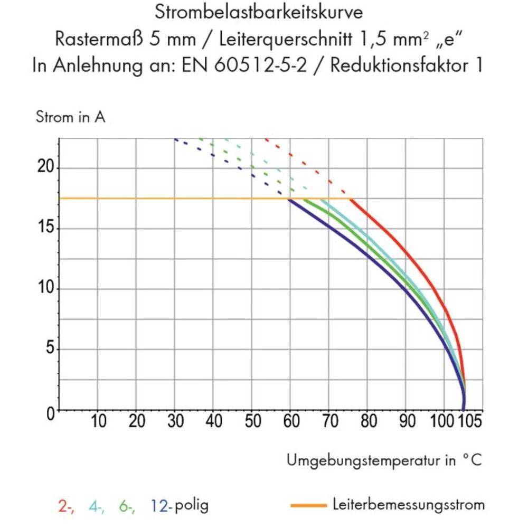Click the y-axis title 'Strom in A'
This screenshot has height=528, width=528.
(x=70, y=117)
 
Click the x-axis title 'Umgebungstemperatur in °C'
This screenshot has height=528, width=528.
(x=384, y=460)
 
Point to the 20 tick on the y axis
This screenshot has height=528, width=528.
(x=46, y=167)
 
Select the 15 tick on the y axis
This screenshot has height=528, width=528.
(x=46, y=228)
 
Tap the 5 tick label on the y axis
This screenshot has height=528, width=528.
(x=50, y=350)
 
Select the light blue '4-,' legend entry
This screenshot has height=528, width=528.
(x=97, y=505)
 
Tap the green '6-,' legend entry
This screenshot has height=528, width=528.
(x=127, y=505)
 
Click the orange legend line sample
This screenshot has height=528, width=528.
(x=308, y=505)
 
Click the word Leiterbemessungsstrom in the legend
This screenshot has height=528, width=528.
(x=408, y=505)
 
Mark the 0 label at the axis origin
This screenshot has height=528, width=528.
(x=51, y=413)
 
